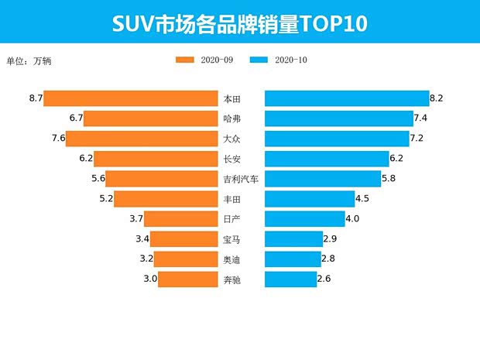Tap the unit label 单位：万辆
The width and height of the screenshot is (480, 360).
pos(29,60)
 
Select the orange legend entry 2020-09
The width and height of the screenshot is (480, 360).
pos(204,60)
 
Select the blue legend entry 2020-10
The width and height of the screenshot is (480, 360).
pos(280,60)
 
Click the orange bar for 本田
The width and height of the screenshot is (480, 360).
pos(130,98)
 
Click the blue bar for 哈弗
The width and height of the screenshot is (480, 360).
pos(339,118)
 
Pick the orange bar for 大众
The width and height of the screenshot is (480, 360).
pos(142,139)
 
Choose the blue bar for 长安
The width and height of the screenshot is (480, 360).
pos(327,159)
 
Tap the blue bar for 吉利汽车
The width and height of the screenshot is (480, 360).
pos(323,179)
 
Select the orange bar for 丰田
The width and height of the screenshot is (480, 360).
pos(166,199)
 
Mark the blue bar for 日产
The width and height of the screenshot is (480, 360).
pos(305,219)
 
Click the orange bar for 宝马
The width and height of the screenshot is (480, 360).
pos(183,239)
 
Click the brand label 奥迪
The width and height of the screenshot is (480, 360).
pos(231,259)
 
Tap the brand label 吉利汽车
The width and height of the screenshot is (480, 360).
pos(240,179)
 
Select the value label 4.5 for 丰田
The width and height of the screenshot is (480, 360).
pos(363,199)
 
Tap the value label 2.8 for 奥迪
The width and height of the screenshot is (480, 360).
pos(327,259)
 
